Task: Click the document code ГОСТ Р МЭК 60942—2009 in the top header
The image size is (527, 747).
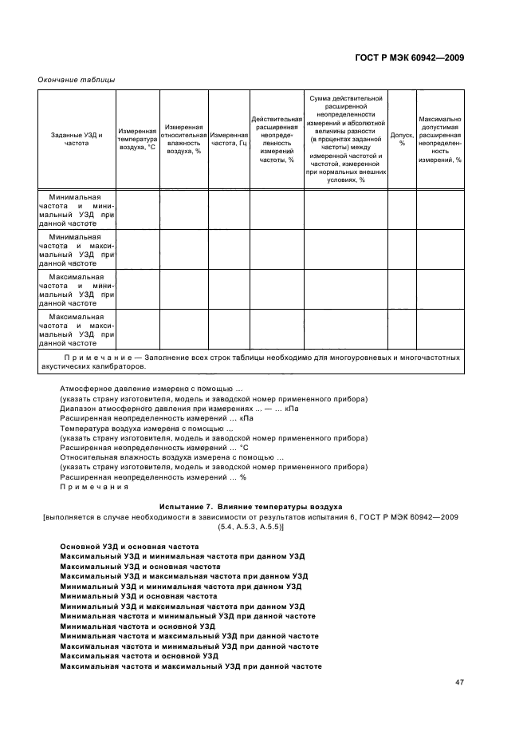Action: click(x=408, y=58)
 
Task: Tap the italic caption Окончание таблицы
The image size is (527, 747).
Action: click(x=77, y=80)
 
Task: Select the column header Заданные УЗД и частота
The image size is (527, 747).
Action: click(x=77, y=140)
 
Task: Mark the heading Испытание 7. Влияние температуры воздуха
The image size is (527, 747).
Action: click(x=251, y=507)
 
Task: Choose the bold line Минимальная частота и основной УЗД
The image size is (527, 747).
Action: click(x=138, y=626)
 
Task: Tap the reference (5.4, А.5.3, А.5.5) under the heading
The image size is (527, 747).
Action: click(x=251, y=528)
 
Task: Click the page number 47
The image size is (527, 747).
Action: click(x=459, y=682)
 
